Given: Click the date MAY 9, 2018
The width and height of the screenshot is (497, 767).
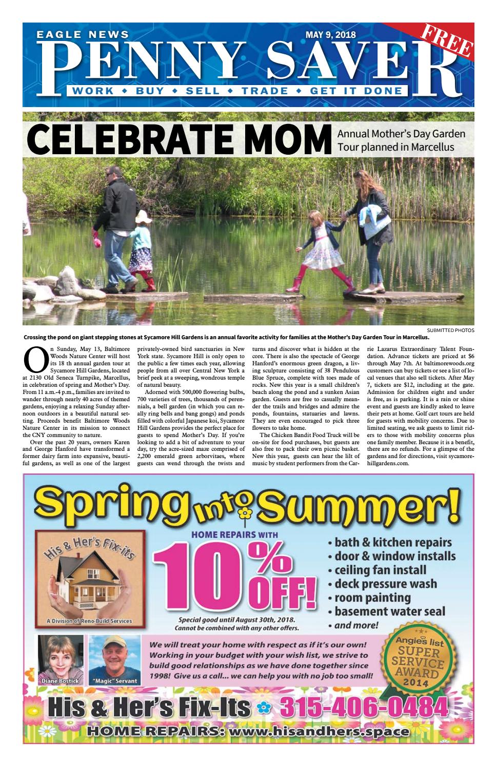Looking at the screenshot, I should click(330, 35).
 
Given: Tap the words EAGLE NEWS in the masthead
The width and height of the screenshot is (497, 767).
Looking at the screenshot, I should click(83, 35).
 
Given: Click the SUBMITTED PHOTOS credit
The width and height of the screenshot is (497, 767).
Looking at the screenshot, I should click(450, 330).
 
